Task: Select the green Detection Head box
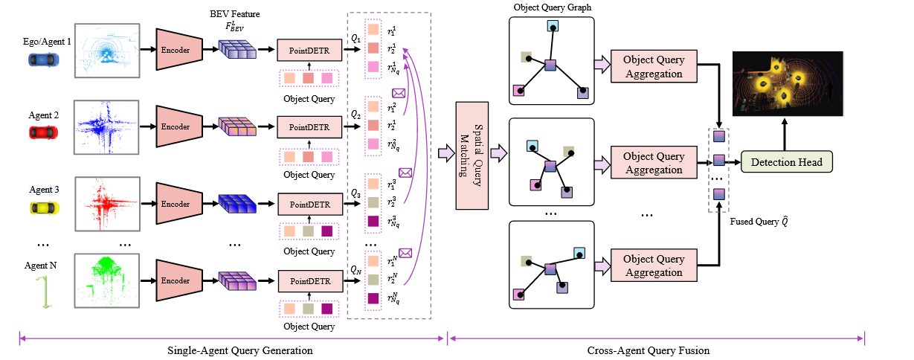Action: [786, 161]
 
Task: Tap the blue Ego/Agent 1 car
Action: [41, 59]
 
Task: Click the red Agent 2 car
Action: [43, 132]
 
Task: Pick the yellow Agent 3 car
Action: [43, 208]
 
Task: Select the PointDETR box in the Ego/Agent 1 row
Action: [309, 51]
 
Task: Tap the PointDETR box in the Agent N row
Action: [309, 282]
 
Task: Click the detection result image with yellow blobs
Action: [787, 83]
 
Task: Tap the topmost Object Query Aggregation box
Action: [653, 67]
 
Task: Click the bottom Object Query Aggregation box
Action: [653, 266]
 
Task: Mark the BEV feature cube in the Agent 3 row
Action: [236, 202]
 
